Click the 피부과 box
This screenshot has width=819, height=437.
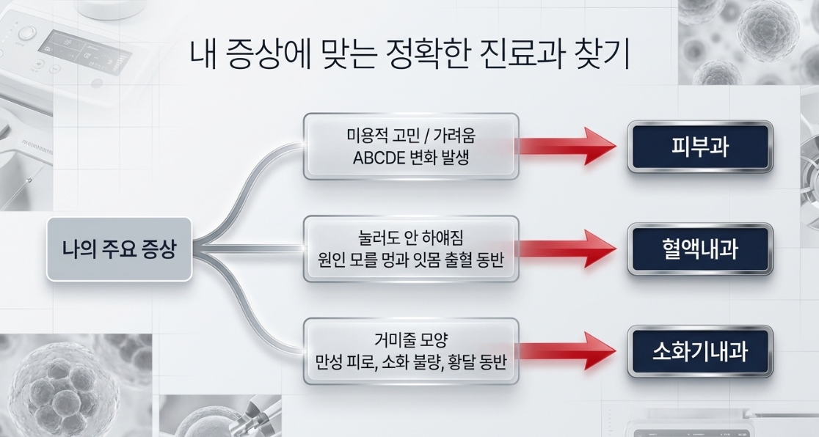pos(700,147)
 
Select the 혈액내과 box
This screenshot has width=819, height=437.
pos(700,249)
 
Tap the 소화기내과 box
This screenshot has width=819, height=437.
pos(700,351)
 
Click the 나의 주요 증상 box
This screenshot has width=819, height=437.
pos(119,249)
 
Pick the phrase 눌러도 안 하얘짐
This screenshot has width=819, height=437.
pos(411,238)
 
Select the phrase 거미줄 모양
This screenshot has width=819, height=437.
pos(411,340)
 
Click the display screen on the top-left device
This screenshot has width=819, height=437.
pos(84,52)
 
